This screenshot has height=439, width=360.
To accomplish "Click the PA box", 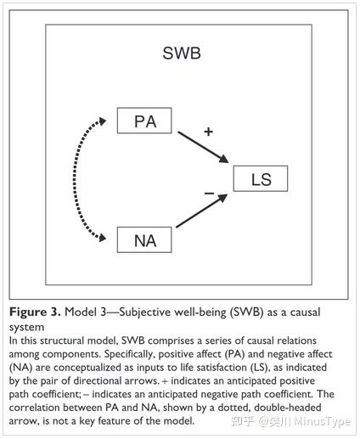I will [143, 121].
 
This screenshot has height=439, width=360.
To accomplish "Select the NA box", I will [143, 240].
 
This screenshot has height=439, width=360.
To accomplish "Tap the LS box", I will [261, 179].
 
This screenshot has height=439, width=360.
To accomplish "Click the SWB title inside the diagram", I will [182, 53].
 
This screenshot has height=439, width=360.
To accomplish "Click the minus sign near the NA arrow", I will [209, 194].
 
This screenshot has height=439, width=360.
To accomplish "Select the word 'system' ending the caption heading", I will [26, 325].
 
